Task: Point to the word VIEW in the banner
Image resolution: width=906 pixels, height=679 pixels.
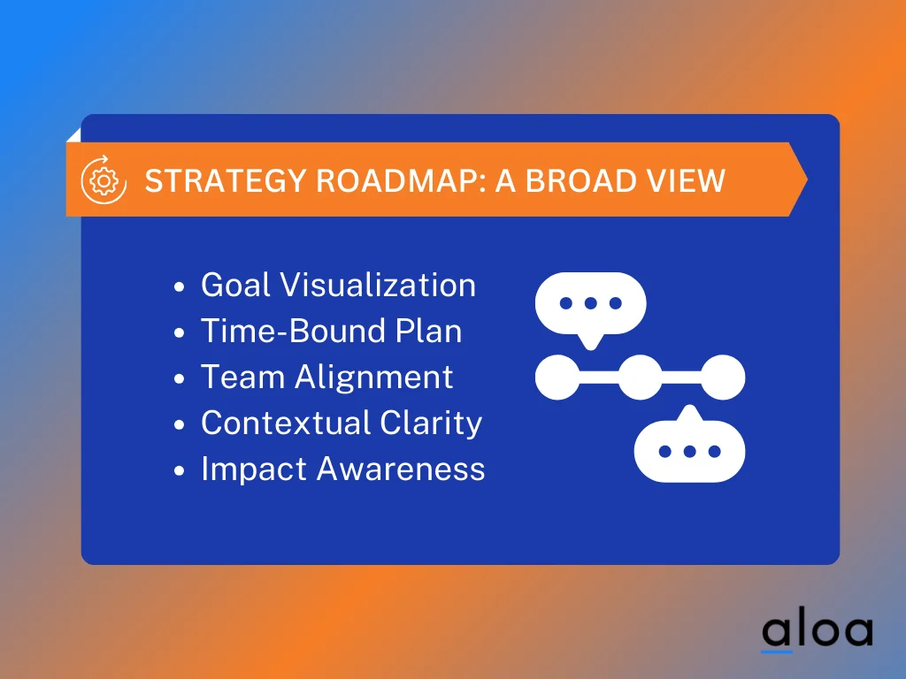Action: coord(688,180)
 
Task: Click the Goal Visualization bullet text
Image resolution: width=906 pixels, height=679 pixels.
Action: coord(338,286)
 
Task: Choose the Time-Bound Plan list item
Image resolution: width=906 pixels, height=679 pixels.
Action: coord(331,332)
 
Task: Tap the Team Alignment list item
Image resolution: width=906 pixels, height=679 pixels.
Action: coord(326,378)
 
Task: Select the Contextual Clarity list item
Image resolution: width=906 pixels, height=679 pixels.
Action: coord(341,423)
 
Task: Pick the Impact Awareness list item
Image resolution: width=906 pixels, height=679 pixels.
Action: coord(342,469)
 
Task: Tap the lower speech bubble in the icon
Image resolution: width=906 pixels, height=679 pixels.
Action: coord(689,450)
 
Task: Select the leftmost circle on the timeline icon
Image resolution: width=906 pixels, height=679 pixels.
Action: coord(557,378)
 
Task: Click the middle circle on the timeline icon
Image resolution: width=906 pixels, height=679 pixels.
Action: coord(640,378)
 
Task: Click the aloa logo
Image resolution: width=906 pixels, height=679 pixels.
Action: coord(817,631)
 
